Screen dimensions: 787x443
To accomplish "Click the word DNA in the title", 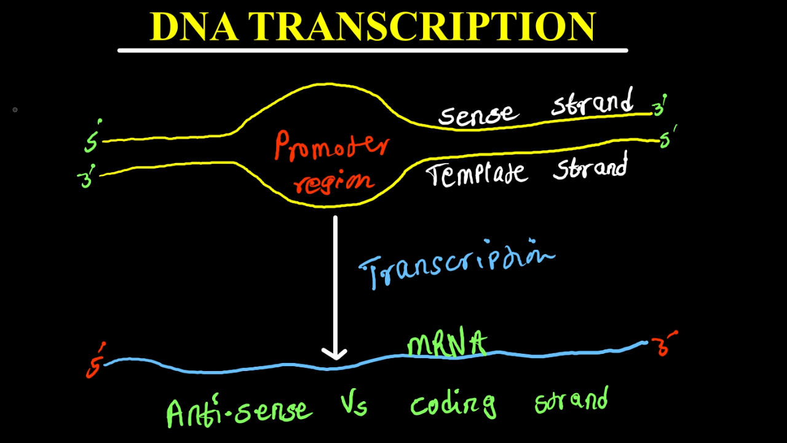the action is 194,27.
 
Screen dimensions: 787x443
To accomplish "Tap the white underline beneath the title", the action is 373,50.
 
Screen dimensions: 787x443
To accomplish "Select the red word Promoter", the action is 331,146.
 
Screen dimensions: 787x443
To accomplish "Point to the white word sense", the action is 479,114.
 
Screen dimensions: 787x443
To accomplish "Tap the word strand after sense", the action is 592,102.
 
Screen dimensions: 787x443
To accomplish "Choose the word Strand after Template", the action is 590,166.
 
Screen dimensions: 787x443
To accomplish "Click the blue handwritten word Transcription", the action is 457,264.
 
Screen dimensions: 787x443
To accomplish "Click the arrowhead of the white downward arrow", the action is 335,354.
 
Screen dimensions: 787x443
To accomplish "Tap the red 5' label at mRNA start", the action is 95,360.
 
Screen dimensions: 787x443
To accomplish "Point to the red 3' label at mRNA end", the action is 664,343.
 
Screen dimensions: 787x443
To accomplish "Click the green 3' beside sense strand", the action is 660,105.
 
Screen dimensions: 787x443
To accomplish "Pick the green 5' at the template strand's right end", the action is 667,137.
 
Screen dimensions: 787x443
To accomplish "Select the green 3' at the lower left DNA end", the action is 87,176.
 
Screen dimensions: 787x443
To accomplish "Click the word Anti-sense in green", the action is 239,410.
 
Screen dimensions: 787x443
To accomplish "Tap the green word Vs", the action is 354,403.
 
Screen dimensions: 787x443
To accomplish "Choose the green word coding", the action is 454,404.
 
